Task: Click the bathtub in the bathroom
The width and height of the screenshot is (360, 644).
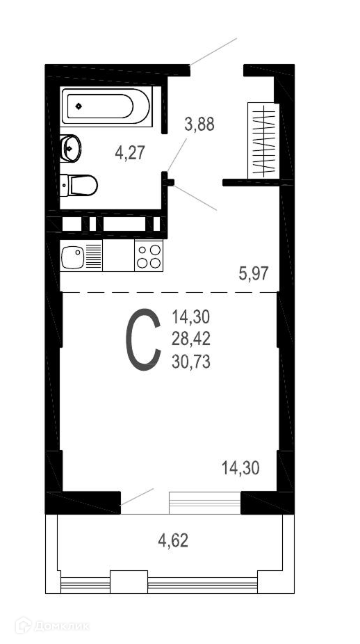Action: click(106, 106)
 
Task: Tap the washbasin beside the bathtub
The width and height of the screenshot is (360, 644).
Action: click(70, 148)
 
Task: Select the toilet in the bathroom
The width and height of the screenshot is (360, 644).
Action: click(79, 185)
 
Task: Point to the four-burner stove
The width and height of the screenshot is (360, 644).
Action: click(149, 256)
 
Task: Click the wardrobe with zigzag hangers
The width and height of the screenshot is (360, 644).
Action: click(263, 140)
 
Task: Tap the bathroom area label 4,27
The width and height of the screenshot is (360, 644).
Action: click(130, 153)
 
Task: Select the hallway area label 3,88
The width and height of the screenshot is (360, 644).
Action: click(199, 124)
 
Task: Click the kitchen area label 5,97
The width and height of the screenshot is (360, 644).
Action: click(254, 273)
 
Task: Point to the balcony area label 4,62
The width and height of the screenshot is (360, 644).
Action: click(173, 540)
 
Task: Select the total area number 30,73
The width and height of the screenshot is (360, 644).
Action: click(191, 362)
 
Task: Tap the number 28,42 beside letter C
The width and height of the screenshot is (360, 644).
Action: click(191, 339)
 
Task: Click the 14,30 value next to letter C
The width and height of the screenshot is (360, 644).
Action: click(191, 317)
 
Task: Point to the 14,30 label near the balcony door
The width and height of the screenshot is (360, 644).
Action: click(240, 468)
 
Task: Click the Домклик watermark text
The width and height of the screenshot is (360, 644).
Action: click(62, 627)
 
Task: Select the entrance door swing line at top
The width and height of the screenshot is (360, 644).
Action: click(213, 51)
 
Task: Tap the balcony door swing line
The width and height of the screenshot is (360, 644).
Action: click(137, 497)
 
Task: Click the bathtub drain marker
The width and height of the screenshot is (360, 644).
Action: click(79, 106)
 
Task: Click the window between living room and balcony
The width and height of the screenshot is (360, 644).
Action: click(205, 502)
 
